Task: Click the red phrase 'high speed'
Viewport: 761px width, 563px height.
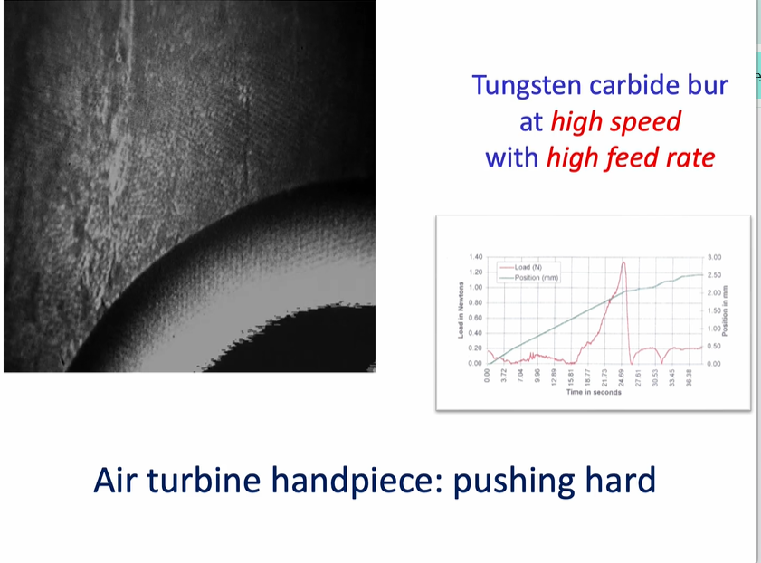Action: click(x=615, y=121)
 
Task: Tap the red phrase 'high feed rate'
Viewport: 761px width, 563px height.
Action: click(x=630, y=157)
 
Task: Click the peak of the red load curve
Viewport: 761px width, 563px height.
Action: click(x=623, y=262)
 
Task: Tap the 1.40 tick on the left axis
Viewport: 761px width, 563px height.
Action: click(x=475, y=257)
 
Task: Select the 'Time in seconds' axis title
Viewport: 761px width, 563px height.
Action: click(x=594, y=392)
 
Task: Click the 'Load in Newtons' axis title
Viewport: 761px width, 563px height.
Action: click(x=461, y=310)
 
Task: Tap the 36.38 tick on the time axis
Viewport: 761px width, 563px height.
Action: click(x=690, y=376)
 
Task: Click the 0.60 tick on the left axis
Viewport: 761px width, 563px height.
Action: click(x=475, y=318)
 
